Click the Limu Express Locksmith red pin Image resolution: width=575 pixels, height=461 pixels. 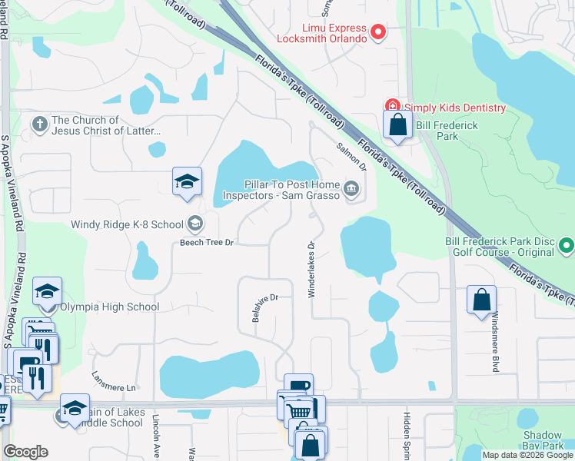click(377, 32)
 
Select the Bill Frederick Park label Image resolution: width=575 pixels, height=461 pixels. click(447, 131)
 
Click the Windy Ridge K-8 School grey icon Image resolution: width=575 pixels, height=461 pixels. click(194, 224)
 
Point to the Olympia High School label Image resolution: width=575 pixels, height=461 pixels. click(110, 307)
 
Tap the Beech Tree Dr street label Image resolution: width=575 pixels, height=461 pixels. click(206, 242)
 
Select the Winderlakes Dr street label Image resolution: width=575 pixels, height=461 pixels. click(312, 269)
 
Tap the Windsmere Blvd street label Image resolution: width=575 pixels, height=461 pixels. click(494, 342)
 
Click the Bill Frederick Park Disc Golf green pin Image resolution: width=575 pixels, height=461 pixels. click(567, 247)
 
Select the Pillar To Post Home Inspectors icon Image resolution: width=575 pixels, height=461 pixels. click(351, 188)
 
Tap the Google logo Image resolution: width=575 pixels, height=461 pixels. click(25, 452)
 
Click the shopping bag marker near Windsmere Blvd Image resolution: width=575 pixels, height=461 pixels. click(481, 300)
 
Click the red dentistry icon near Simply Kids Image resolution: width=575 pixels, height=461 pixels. click(392, 106)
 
